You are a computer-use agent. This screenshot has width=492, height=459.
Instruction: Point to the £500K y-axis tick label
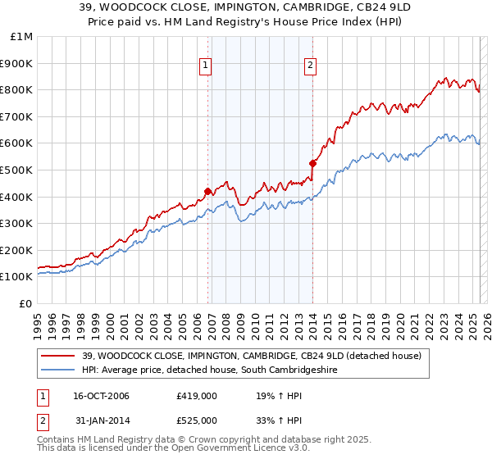[18, 170]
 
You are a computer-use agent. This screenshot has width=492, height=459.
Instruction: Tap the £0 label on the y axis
[26, 303]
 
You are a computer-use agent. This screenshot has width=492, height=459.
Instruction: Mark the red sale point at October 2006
[208, 191]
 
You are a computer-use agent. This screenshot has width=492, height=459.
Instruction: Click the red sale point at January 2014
[312, 163]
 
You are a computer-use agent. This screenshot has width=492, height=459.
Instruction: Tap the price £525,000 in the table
[197, 420]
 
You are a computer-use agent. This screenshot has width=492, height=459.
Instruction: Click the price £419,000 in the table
[197, 396]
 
